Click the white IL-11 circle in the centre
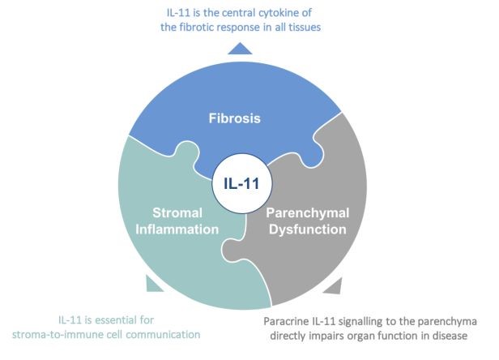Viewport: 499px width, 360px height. (x=242, y=183)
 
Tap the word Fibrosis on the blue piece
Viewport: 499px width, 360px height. (x=235, y=118)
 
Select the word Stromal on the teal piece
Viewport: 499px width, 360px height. (x=177, y=212)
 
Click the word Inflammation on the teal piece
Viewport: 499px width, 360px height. (x=177, y=229)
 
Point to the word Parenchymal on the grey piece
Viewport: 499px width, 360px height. (x=308, y=213)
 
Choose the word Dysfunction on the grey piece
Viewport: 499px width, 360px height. (x=308, y=229)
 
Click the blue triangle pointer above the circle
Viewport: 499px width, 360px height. (x=240, y=49)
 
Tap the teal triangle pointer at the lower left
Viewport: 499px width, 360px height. (x=154, y=284)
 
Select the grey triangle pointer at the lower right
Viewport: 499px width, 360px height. (x=333, y=285)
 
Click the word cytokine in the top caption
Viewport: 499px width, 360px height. (x=278, y=13)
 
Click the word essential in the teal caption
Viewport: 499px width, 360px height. (x=115, y=319)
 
